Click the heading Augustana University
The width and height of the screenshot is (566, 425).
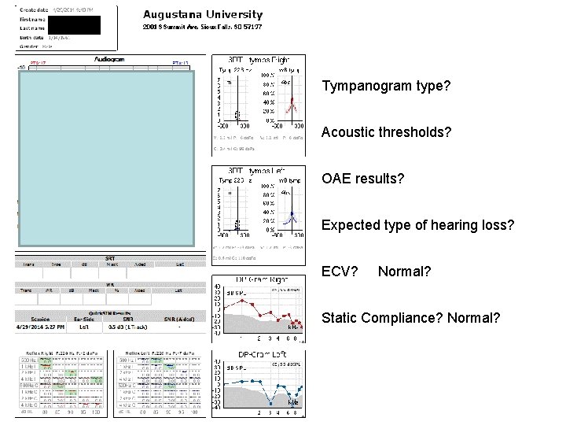tap(203, 14)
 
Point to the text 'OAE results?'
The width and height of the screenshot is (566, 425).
tap(363, 179)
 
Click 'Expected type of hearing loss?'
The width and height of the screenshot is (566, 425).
tap(418, 226)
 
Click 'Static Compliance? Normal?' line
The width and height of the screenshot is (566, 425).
tap(411, 319)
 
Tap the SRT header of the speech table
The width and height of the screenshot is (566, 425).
tap(109, 258)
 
